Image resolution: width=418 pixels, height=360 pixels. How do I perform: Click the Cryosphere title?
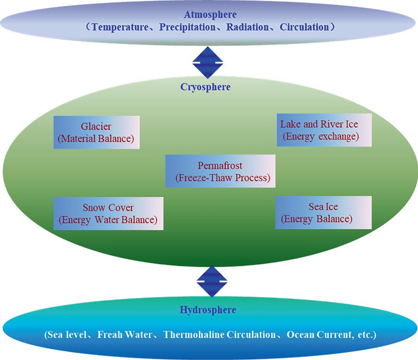coord(205,87)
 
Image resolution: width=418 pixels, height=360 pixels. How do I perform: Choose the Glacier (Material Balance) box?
coord(96,132)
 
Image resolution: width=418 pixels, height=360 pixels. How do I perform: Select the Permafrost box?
coord(220,172)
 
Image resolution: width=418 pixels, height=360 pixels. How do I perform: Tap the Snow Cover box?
coord(108,213)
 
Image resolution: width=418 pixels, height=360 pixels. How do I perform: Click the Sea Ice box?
coord(323,212)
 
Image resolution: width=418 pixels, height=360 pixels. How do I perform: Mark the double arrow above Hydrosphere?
coord(212,281)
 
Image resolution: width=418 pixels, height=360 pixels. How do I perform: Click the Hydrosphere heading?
coord(208,310)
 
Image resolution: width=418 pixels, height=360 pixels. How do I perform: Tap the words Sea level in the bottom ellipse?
coord(69,335)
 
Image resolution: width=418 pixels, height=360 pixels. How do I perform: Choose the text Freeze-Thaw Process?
coord(222,179)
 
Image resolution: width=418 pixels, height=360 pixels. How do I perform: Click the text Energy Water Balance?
coord(108,220)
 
